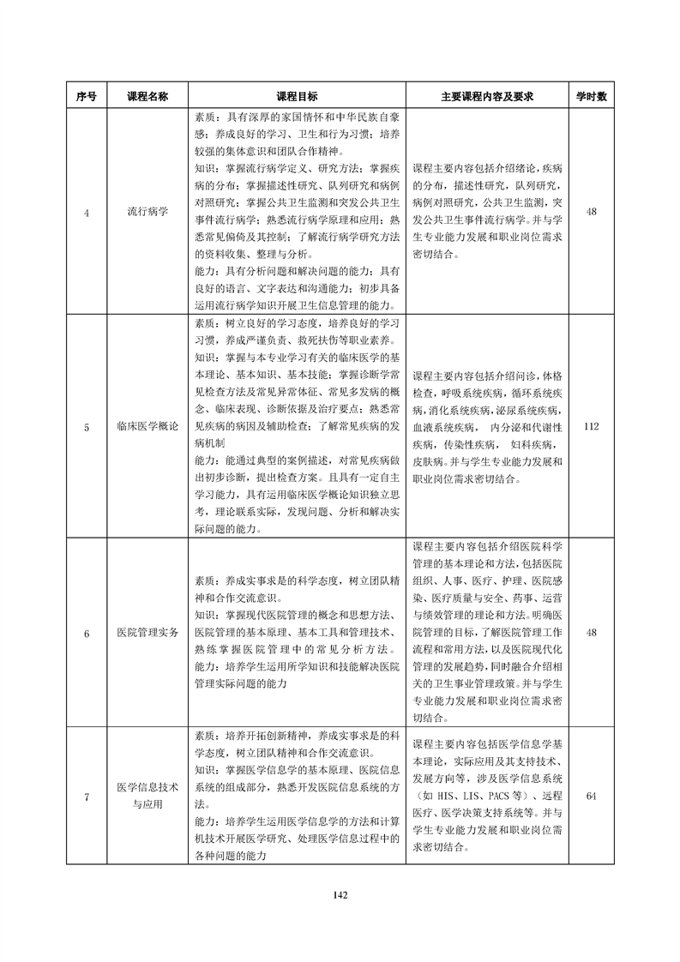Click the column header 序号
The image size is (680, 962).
(87, 97)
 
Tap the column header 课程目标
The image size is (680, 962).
(297, 97)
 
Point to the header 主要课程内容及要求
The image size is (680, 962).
(487, 97)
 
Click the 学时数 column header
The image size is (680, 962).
(591, 97)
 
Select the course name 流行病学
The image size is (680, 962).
(147, 211)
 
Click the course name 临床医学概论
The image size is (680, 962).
(147, 426)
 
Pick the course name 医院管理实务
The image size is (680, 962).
(147, 633)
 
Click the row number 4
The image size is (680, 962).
(87, 211)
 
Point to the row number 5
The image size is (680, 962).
(87, 426)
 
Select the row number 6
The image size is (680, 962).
(87, 633)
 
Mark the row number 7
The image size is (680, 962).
(87, 797)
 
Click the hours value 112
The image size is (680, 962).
(591, 426)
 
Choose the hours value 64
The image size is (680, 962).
(591, 797)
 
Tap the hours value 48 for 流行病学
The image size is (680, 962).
(591, 211)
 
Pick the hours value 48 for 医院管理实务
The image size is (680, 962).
(591, 633)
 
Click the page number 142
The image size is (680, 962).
(340, 895)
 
